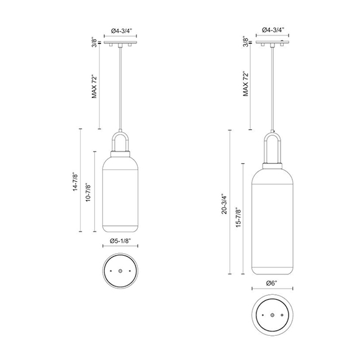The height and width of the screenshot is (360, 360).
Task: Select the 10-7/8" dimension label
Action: click(89, 193)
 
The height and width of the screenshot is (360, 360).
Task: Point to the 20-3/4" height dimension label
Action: click(225, 202)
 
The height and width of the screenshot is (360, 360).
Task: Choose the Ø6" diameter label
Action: click(271, 284)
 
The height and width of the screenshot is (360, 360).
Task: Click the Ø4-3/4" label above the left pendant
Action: click(120, 30)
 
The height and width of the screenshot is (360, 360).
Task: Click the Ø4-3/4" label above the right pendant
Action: click(273, 30)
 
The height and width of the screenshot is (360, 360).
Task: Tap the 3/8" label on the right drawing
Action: click(246, 43)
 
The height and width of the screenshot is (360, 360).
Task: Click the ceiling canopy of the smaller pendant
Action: click(119, 43)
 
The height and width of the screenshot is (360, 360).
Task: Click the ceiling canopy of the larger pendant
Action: click(272, 43)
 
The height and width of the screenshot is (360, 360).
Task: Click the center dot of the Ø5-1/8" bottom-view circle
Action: click(119, 271)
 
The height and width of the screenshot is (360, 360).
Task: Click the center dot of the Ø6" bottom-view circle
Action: click(272, 317)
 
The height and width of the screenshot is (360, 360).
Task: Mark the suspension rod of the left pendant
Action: click(119, 87)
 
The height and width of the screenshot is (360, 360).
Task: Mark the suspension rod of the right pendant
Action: click(272, 87)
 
